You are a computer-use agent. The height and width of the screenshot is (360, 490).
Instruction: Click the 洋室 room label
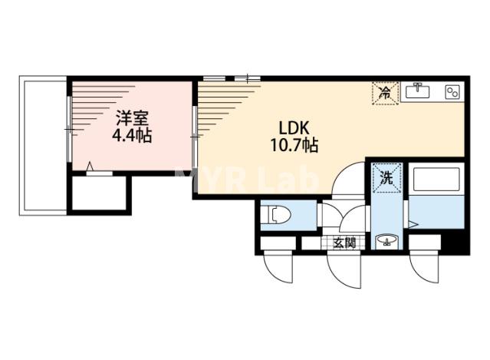pyautogui.click(x=132, y=118)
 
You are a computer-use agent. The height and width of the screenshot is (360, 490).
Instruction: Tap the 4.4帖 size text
pyautogui.click(x=132, y=136)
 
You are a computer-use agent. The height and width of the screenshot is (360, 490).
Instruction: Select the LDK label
pyautogui.click(x=294, y=127)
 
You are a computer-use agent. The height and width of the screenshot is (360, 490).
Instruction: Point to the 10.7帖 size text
pyautogui.click(x=294, y=145)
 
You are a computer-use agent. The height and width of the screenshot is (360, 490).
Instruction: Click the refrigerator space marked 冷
pyautogui.click(x=385, y=93)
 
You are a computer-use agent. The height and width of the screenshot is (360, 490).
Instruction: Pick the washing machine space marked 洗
pyautogui.click(x=386, y=177)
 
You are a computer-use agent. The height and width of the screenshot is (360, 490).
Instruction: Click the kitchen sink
pyautogui.click(x=417, y=91)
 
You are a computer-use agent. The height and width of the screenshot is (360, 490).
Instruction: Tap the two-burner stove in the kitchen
pyautogui.click(x=452, y=92)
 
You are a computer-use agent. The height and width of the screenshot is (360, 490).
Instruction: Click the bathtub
pyautogui.click(x=437, y=179)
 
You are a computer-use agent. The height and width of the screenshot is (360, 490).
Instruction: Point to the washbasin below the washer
pyautogui.click(x=386, y=240)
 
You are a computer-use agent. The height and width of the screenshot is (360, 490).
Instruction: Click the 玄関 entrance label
pyautogui.click(x=344, y=243)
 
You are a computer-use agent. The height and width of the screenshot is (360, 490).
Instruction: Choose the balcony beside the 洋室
pyautogui.click(x=43, y=145)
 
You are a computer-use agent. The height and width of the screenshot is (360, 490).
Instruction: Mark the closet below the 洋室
pyautogui.click(x=99, y=193)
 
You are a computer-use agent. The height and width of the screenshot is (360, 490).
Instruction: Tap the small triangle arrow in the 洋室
pyautogui.click(x=90, y=166)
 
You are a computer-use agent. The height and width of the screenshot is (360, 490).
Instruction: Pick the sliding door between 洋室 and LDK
pyautogui.click(x=194, y=137)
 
